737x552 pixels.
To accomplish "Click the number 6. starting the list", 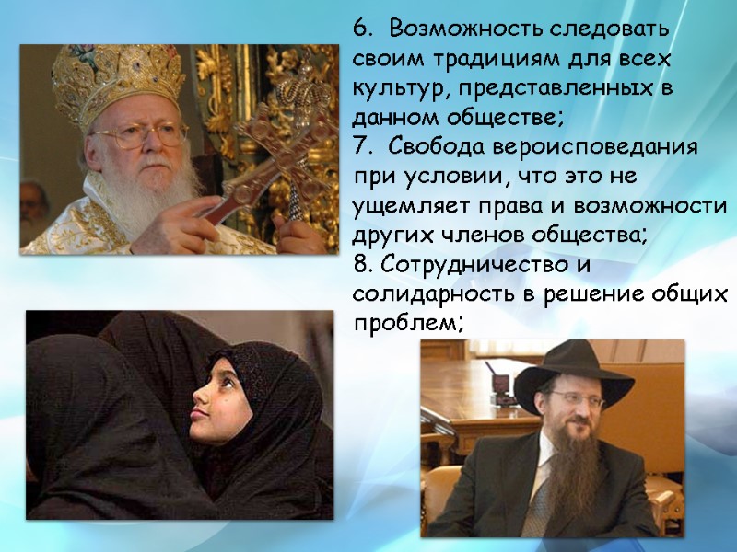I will (x=361, y=29).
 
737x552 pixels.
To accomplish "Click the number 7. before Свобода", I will (x=361, y=147).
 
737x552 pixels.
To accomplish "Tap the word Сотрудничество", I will (x=478, y=265).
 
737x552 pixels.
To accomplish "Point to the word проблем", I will (x=406, y=324).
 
